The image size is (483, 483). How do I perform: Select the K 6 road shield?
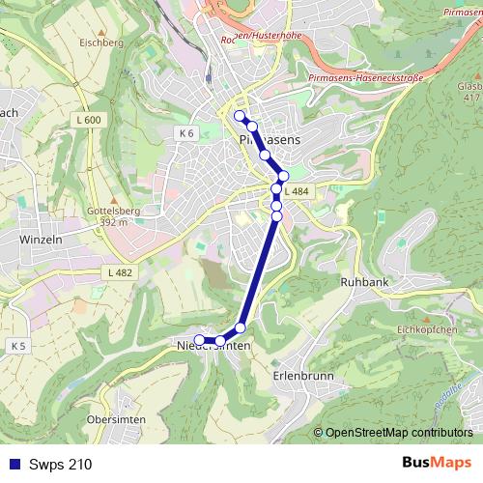(x=186, y=131)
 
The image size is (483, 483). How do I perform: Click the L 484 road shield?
(x=297, y=192)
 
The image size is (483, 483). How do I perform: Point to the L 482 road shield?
(x=120, y=273)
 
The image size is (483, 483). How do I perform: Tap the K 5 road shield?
(x=18, y=345)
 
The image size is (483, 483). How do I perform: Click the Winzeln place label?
(x=42, y=238)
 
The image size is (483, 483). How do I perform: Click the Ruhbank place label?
(x=364, y=283)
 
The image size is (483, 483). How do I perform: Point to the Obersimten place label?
(x=115, y=420)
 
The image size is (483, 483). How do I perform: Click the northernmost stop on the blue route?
(x=240, y=116)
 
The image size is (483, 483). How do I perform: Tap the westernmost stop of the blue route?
(x=199, y=339)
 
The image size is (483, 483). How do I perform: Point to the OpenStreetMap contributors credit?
(x=392, y=433)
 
